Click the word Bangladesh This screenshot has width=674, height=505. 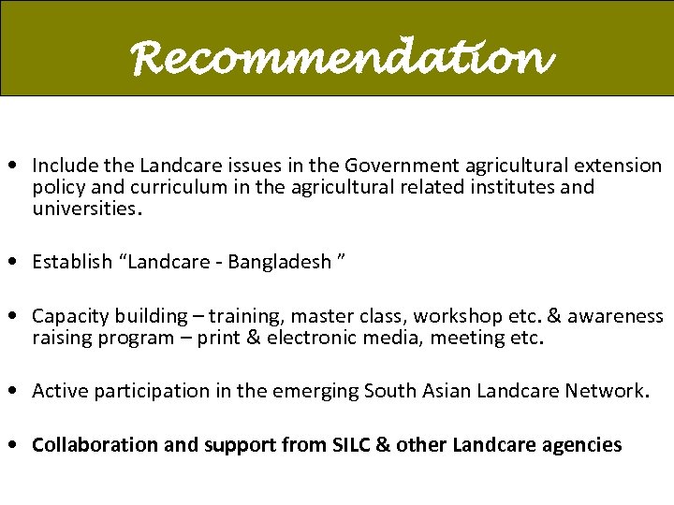pyautogui.click(x=278, y=262)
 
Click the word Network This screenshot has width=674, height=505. pyautogui.click(x=605, y=391)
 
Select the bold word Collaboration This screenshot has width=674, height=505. pyautogui.click(x=95, y=445)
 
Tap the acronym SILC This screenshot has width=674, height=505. pyautogui.click(x=351, y=445)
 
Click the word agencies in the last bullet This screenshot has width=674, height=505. pyautogui.click(x=582, y=445)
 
